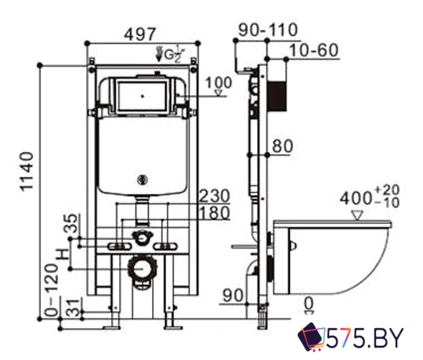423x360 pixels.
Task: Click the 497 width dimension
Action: [141, 34]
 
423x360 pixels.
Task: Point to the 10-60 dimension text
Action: [313, 51]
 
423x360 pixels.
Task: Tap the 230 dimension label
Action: [214, 195]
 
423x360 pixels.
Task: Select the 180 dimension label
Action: [214, 213]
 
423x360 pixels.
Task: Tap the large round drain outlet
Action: [141, 268]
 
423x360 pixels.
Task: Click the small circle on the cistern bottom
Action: [142, 179]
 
